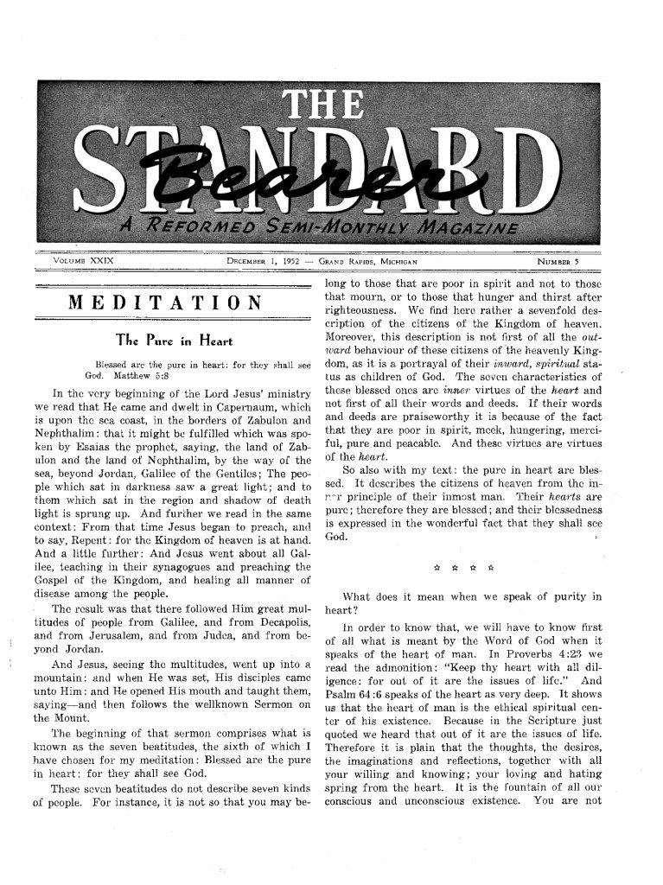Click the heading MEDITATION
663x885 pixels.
pos(165,302)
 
